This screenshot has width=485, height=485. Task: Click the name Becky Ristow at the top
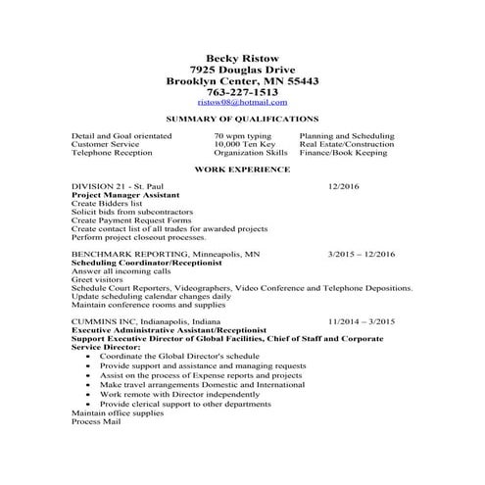(241, 60)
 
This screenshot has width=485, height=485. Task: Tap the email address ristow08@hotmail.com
(241, 102)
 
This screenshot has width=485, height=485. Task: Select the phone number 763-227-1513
(241, 91)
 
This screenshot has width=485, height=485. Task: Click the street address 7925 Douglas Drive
(241, 71)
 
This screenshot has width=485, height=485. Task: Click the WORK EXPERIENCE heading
(241, 170)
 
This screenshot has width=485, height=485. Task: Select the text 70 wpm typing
(243, 136)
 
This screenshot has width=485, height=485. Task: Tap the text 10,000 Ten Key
(245, 144)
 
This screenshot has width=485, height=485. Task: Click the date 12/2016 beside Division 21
(345, 186)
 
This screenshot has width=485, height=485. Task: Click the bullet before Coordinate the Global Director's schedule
(90, 356)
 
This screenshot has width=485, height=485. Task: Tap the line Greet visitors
(95, 280)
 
